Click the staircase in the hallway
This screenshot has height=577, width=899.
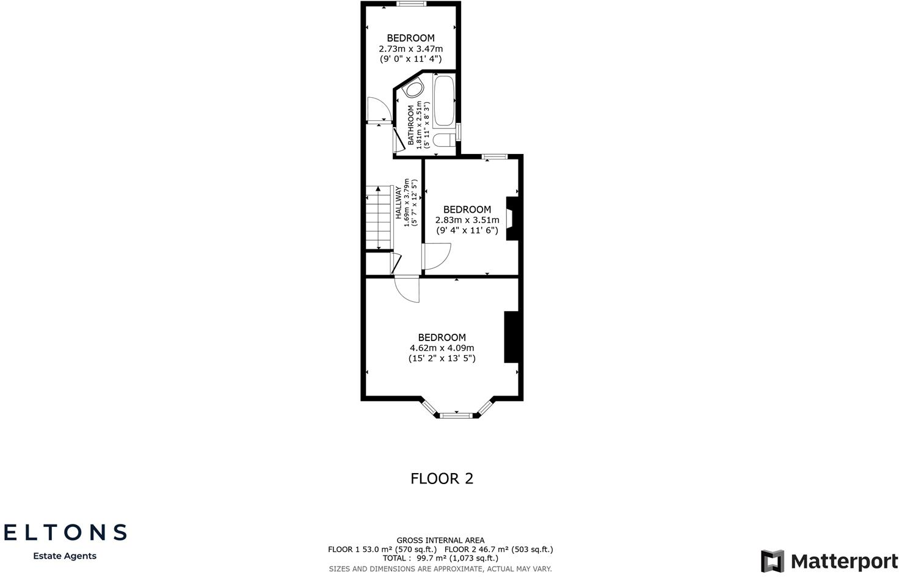(379, 218)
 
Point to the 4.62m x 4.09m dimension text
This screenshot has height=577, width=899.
(442, 348)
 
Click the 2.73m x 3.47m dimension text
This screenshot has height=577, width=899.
(410, 49)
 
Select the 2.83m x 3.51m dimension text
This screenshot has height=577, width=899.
(467, 220)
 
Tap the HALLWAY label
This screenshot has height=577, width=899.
(399, 202)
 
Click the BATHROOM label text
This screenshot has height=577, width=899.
(411, 125)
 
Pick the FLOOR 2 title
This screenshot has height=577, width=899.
(442, 479)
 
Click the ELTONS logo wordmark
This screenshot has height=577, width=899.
(65, 532)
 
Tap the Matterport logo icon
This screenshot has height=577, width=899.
(772, 561)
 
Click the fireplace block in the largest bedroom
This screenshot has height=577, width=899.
(511, 337)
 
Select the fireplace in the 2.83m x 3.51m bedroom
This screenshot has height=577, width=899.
(512, 219)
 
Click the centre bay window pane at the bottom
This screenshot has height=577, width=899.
(457, 416)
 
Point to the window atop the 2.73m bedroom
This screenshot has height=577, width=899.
(410, 4)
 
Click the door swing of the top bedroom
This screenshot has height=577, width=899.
(377, 110)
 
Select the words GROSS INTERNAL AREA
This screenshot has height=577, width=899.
(440, 540)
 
